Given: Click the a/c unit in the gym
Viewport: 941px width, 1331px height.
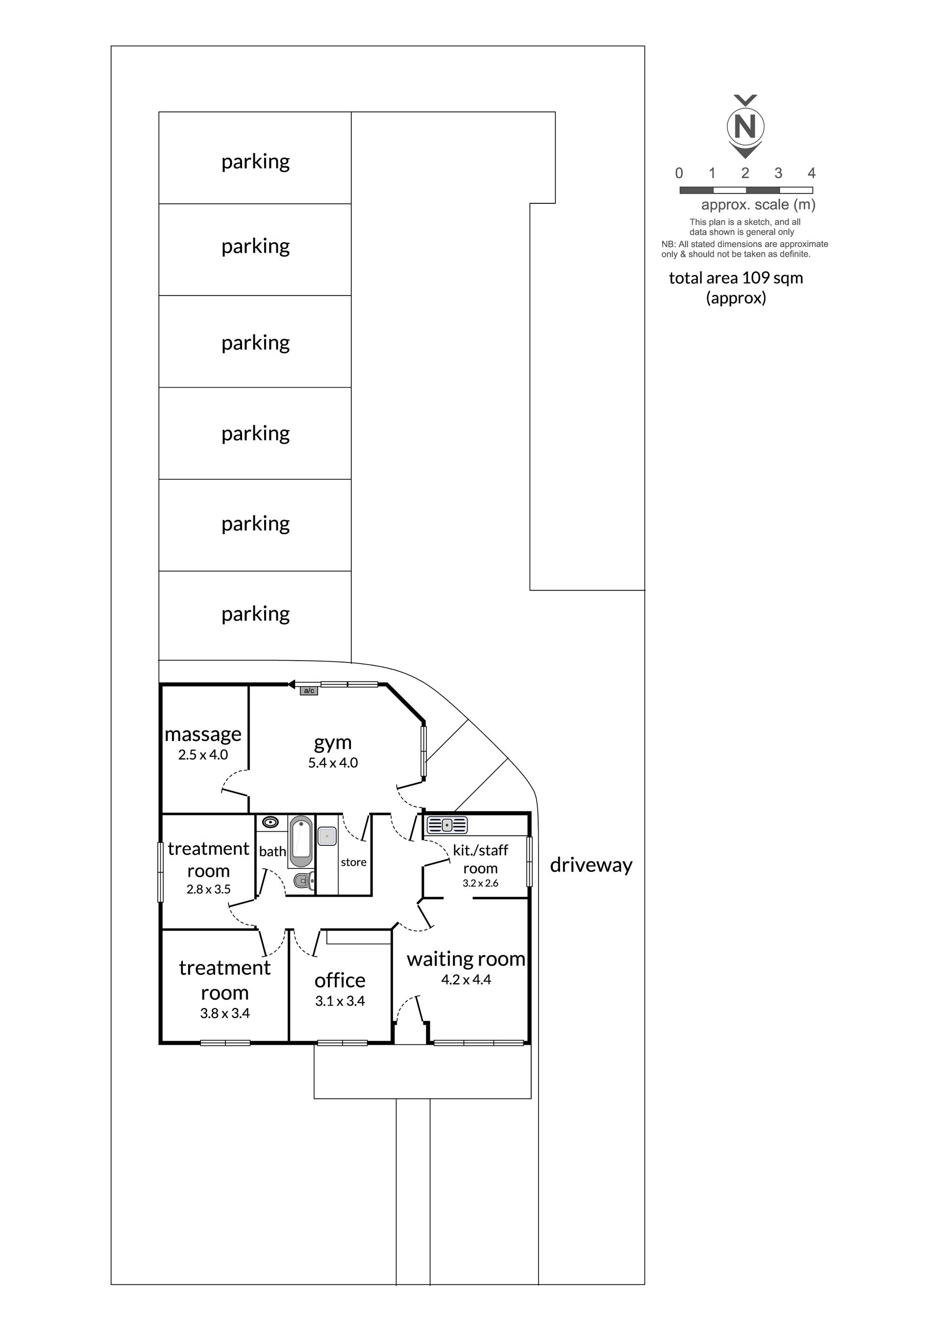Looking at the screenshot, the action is pos(309,690).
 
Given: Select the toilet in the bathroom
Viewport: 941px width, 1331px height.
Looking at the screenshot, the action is pos(303,881).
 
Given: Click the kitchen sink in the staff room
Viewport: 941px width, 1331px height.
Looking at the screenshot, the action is pos(447,824).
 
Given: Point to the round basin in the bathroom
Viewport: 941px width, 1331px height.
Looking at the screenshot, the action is pos(270,822).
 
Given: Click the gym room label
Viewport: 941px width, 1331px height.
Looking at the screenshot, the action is pos(333,742).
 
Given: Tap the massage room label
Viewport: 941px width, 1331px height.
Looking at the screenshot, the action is pos(203,735).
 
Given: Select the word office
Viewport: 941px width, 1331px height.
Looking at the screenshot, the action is pos(340,980).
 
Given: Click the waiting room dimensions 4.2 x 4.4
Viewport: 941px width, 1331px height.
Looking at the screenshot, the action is pos(466,980).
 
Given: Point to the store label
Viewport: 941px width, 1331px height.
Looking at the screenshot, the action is pos(354,862).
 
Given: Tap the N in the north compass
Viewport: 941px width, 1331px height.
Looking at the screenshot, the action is pos(745,126).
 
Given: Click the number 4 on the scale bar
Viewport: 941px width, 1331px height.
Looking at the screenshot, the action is pos(812,173).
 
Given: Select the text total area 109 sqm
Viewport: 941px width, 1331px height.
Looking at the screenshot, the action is pos(736,278).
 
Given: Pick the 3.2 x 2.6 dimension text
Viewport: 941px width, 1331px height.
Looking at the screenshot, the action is pos(480,883).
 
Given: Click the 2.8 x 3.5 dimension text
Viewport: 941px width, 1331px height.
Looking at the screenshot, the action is pos(208,889).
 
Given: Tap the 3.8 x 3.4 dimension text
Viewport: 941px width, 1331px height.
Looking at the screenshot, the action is pos(225,1013).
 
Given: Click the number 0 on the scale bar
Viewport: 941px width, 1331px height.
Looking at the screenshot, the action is pos(679,173).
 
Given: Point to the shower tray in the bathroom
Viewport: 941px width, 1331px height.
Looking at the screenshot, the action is pos(327,836).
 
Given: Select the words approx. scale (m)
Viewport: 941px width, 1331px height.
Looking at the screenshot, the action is pos(758,205).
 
